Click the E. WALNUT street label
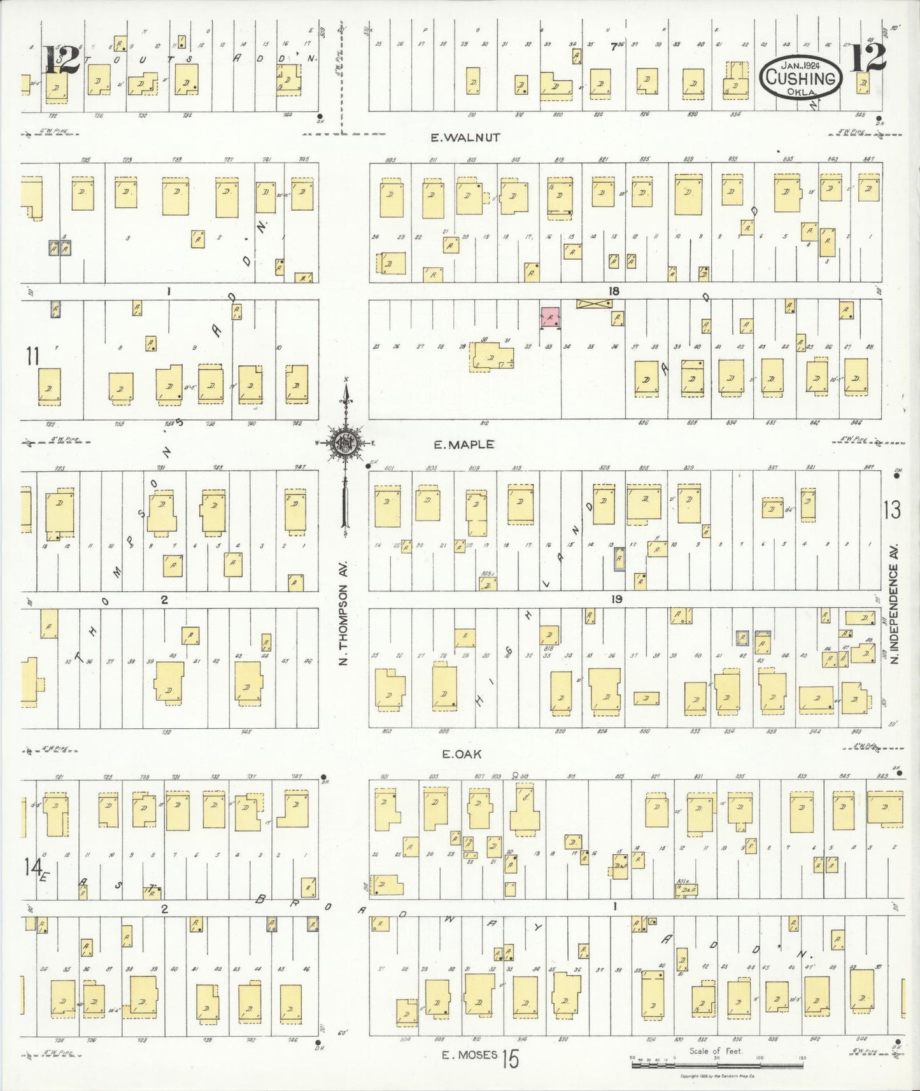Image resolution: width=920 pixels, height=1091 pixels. pos(465,137)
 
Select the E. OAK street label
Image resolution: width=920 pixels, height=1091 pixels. pos(462,754)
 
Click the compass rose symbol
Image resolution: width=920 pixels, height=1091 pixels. pos(345,444)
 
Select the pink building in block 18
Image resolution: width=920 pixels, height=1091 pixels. pos(550,316)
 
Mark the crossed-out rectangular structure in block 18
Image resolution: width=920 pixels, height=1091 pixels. pos(594,304)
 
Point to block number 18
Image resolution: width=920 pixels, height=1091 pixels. pos(613,292)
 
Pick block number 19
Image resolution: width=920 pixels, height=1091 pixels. pos(616,599)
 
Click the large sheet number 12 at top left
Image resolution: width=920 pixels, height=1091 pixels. pos(61,60)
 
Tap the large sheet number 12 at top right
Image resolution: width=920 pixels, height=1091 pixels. pos(867,59)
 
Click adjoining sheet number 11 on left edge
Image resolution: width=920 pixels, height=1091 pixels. pos(32,356)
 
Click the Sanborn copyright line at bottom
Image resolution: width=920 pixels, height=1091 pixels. pos(717,1076)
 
